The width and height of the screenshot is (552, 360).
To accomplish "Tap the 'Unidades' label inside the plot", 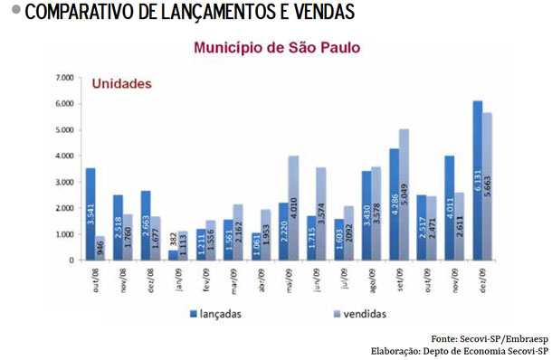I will (121, 84).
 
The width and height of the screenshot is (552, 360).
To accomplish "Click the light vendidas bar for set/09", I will (404, 194).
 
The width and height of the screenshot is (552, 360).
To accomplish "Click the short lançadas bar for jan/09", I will (174, 254).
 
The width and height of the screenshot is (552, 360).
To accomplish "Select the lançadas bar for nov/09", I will (450, 208).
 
